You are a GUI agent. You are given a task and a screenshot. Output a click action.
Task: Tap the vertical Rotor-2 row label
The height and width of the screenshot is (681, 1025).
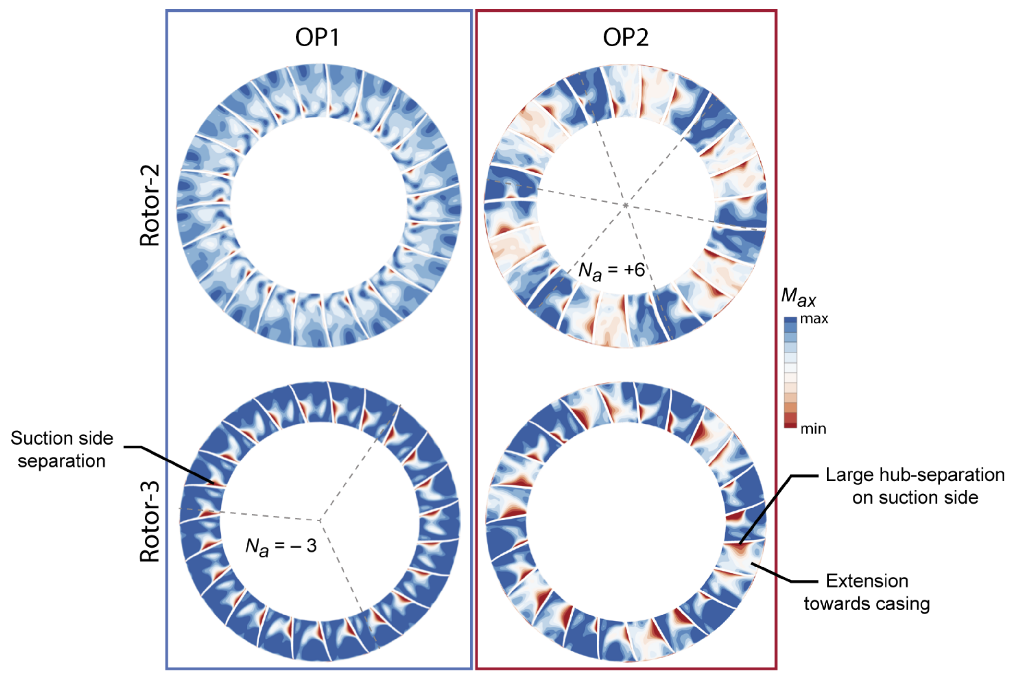point(150,205)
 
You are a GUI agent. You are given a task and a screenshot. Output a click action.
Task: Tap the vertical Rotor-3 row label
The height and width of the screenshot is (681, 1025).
point(150,522)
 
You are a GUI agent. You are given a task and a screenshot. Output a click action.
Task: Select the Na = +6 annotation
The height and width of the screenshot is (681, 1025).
point(611,271)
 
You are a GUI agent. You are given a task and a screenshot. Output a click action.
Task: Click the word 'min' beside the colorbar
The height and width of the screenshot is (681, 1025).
point(813,429)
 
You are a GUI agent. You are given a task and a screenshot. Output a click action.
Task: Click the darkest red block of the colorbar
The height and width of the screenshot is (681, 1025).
point(790,425)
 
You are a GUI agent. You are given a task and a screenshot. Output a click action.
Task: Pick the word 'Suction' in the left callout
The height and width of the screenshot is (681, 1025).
point(37,438)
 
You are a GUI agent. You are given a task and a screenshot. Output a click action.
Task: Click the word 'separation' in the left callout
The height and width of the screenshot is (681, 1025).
point(62,461)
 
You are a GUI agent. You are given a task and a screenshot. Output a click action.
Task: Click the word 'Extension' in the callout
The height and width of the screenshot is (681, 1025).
point(867,581)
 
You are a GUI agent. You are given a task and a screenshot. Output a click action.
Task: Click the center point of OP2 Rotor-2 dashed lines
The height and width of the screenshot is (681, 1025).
point(625,205)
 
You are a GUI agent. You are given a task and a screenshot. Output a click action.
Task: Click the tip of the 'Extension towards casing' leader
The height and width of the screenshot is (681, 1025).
point(752,563)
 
